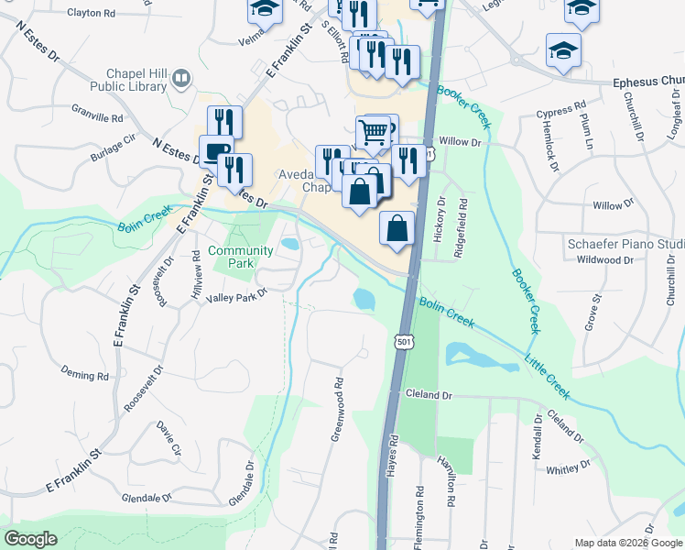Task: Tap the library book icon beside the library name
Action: (x=181, y=80)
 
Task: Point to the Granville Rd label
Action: (x=97, y=118)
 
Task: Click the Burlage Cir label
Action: (x=112, y=152)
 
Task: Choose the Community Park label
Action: (x=241, y=257)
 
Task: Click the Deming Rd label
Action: (x=84, y=376)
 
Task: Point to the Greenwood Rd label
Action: (x=336, y=409)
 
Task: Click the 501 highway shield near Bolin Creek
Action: (x=403, y=342)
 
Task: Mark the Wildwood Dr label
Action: (x=605, y=260)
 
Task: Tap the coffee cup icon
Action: (x=215, y=152)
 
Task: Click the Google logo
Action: (x=30, y=539)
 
